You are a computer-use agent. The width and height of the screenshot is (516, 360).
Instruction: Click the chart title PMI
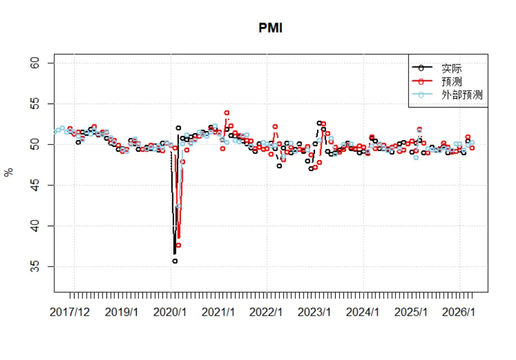pyautogui.click(x=270, y=28)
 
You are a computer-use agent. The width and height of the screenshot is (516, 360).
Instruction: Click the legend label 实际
pyautogui.click(x=452, y=68)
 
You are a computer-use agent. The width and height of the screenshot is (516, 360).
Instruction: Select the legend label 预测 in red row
pyautogui.click(x=452, y=82)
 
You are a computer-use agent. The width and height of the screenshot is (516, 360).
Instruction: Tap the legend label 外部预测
pyautogui.click(x=462, y=95)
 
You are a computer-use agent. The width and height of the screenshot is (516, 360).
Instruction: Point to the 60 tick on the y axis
pyautogui.click(x=35, y=63)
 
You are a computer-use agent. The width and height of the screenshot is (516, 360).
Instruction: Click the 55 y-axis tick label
pyautogui.click(x=35, y=104)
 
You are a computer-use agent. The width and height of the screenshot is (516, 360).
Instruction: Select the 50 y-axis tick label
pyautogui.click(x=35, y=144)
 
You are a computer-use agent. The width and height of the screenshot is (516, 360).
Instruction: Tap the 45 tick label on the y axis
pyautogui.click(x=35, y=185)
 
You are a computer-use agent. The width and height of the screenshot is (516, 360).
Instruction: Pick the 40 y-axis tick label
pyautogui.click(x=35, y=226)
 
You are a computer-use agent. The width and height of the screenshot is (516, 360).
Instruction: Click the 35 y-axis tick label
pyautogui.click(x=35, y=267)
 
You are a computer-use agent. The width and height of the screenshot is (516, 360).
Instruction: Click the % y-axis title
pyautogui.click(x=9, y=172)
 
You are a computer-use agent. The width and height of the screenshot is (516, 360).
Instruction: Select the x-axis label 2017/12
pyautogui.click(x=69, y=312)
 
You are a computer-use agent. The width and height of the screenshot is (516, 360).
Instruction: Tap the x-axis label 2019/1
pyautogui.click(x=122, y=312)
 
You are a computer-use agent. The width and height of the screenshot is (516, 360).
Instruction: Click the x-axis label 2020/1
pyautogui.click(x=170, y=312)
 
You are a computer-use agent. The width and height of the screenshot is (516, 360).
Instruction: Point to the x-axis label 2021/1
pyautogui.click(x=218, y=312)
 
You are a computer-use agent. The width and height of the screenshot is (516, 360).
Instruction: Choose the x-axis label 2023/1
pyautogui.click(x=314, y=312)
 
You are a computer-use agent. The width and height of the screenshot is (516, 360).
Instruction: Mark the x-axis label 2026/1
pyautogui.click(x=458, y=312)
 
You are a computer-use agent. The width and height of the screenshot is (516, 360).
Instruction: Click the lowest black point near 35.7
pyautogui.click(x=175, y=261)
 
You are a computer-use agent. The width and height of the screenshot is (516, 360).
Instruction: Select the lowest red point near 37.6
pyautogui.click(x=178, y=245)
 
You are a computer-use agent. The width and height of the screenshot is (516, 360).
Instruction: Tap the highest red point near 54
pyautogui.click(x=227, y=113)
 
